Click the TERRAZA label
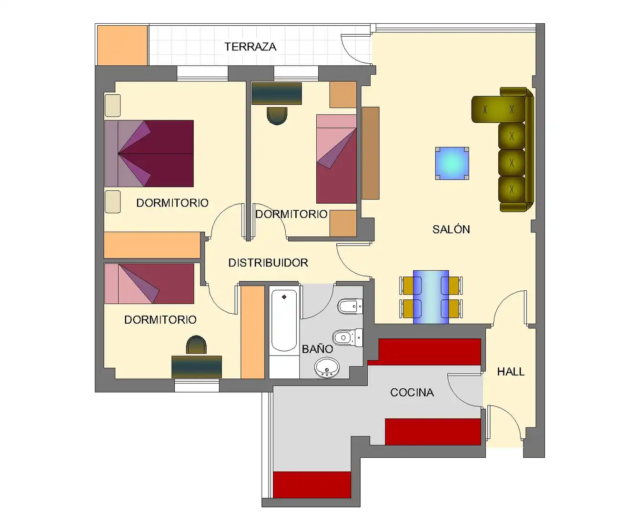coord(251,47)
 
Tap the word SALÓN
coord(451,229)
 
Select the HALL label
coord(511,372)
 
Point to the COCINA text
coord(412,393)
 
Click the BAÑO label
coord(317,348)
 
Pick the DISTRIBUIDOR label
coord(268,263)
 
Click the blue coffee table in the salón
coord(452,163)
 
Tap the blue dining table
coord(431,297)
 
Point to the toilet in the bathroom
coord(348,337)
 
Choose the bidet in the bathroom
coord(350,306)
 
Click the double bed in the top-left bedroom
coord(149,154)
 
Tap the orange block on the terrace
coord(122,45)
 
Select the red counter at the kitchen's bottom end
coord(312,485)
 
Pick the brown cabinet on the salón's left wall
coord(371,153)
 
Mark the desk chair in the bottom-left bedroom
coord(196,345)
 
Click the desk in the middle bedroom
coord(276,93)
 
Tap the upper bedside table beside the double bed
coord(113,106)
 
